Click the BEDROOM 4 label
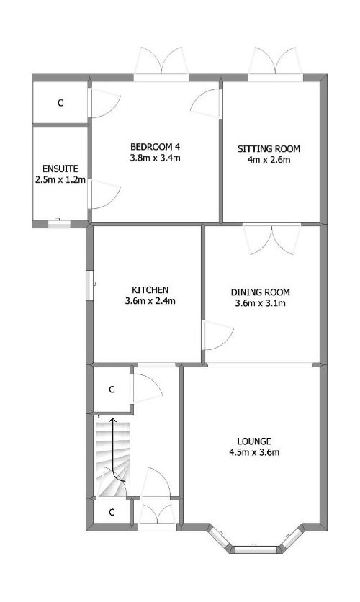156,146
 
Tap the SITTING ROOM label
269,148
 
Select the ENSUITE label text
60,169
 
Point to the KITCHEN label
150,289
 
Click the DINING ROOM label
260,292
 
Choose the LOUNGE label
254,441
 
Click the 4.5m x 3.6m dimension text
254,452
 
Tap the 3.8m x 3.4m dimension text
156,158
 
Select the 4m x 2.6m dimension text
269,160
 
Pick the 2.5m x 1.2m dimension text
60,180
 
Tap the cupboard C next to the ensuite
60,103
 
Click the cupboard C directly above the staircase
112,390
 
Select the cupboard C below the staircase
112,512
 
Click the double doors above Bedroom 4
161,64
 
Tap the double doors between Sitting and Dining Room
272,239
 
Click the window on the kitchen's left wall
89,285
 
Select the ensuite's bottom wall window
59,224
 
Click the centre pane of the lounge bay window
256,549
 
